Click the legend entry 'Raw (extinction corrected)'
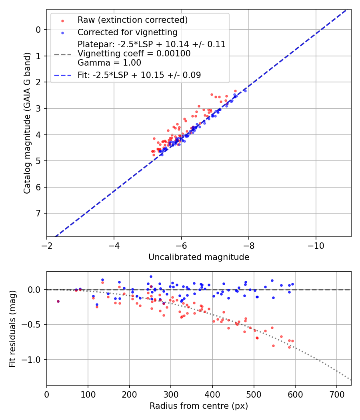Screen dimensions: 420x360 click(132, 20)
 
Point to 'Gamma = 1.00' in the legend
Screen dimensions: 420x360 click(109, 63)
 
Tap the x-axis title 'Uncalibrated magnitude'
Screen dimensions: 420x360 click(199, 257)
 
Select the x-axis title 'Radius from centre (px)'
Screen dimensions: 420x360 click(199, 406)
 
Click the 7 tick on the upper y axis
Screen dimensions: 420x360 click(38, 213)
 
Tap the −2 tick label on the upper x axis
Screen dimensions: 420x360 click(47, 244)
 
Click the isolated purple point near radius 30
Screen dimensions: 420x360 click(58, 301)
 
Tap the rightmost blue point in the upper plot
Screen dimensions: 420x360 click(245, 91)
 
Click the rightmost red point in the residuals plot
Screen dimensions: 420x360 click(292, 341)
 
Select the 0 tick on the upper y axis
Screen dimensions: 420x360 click(38, 30)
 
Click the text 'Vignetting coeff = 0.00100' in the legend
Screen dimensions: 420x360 click(134, 54)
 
